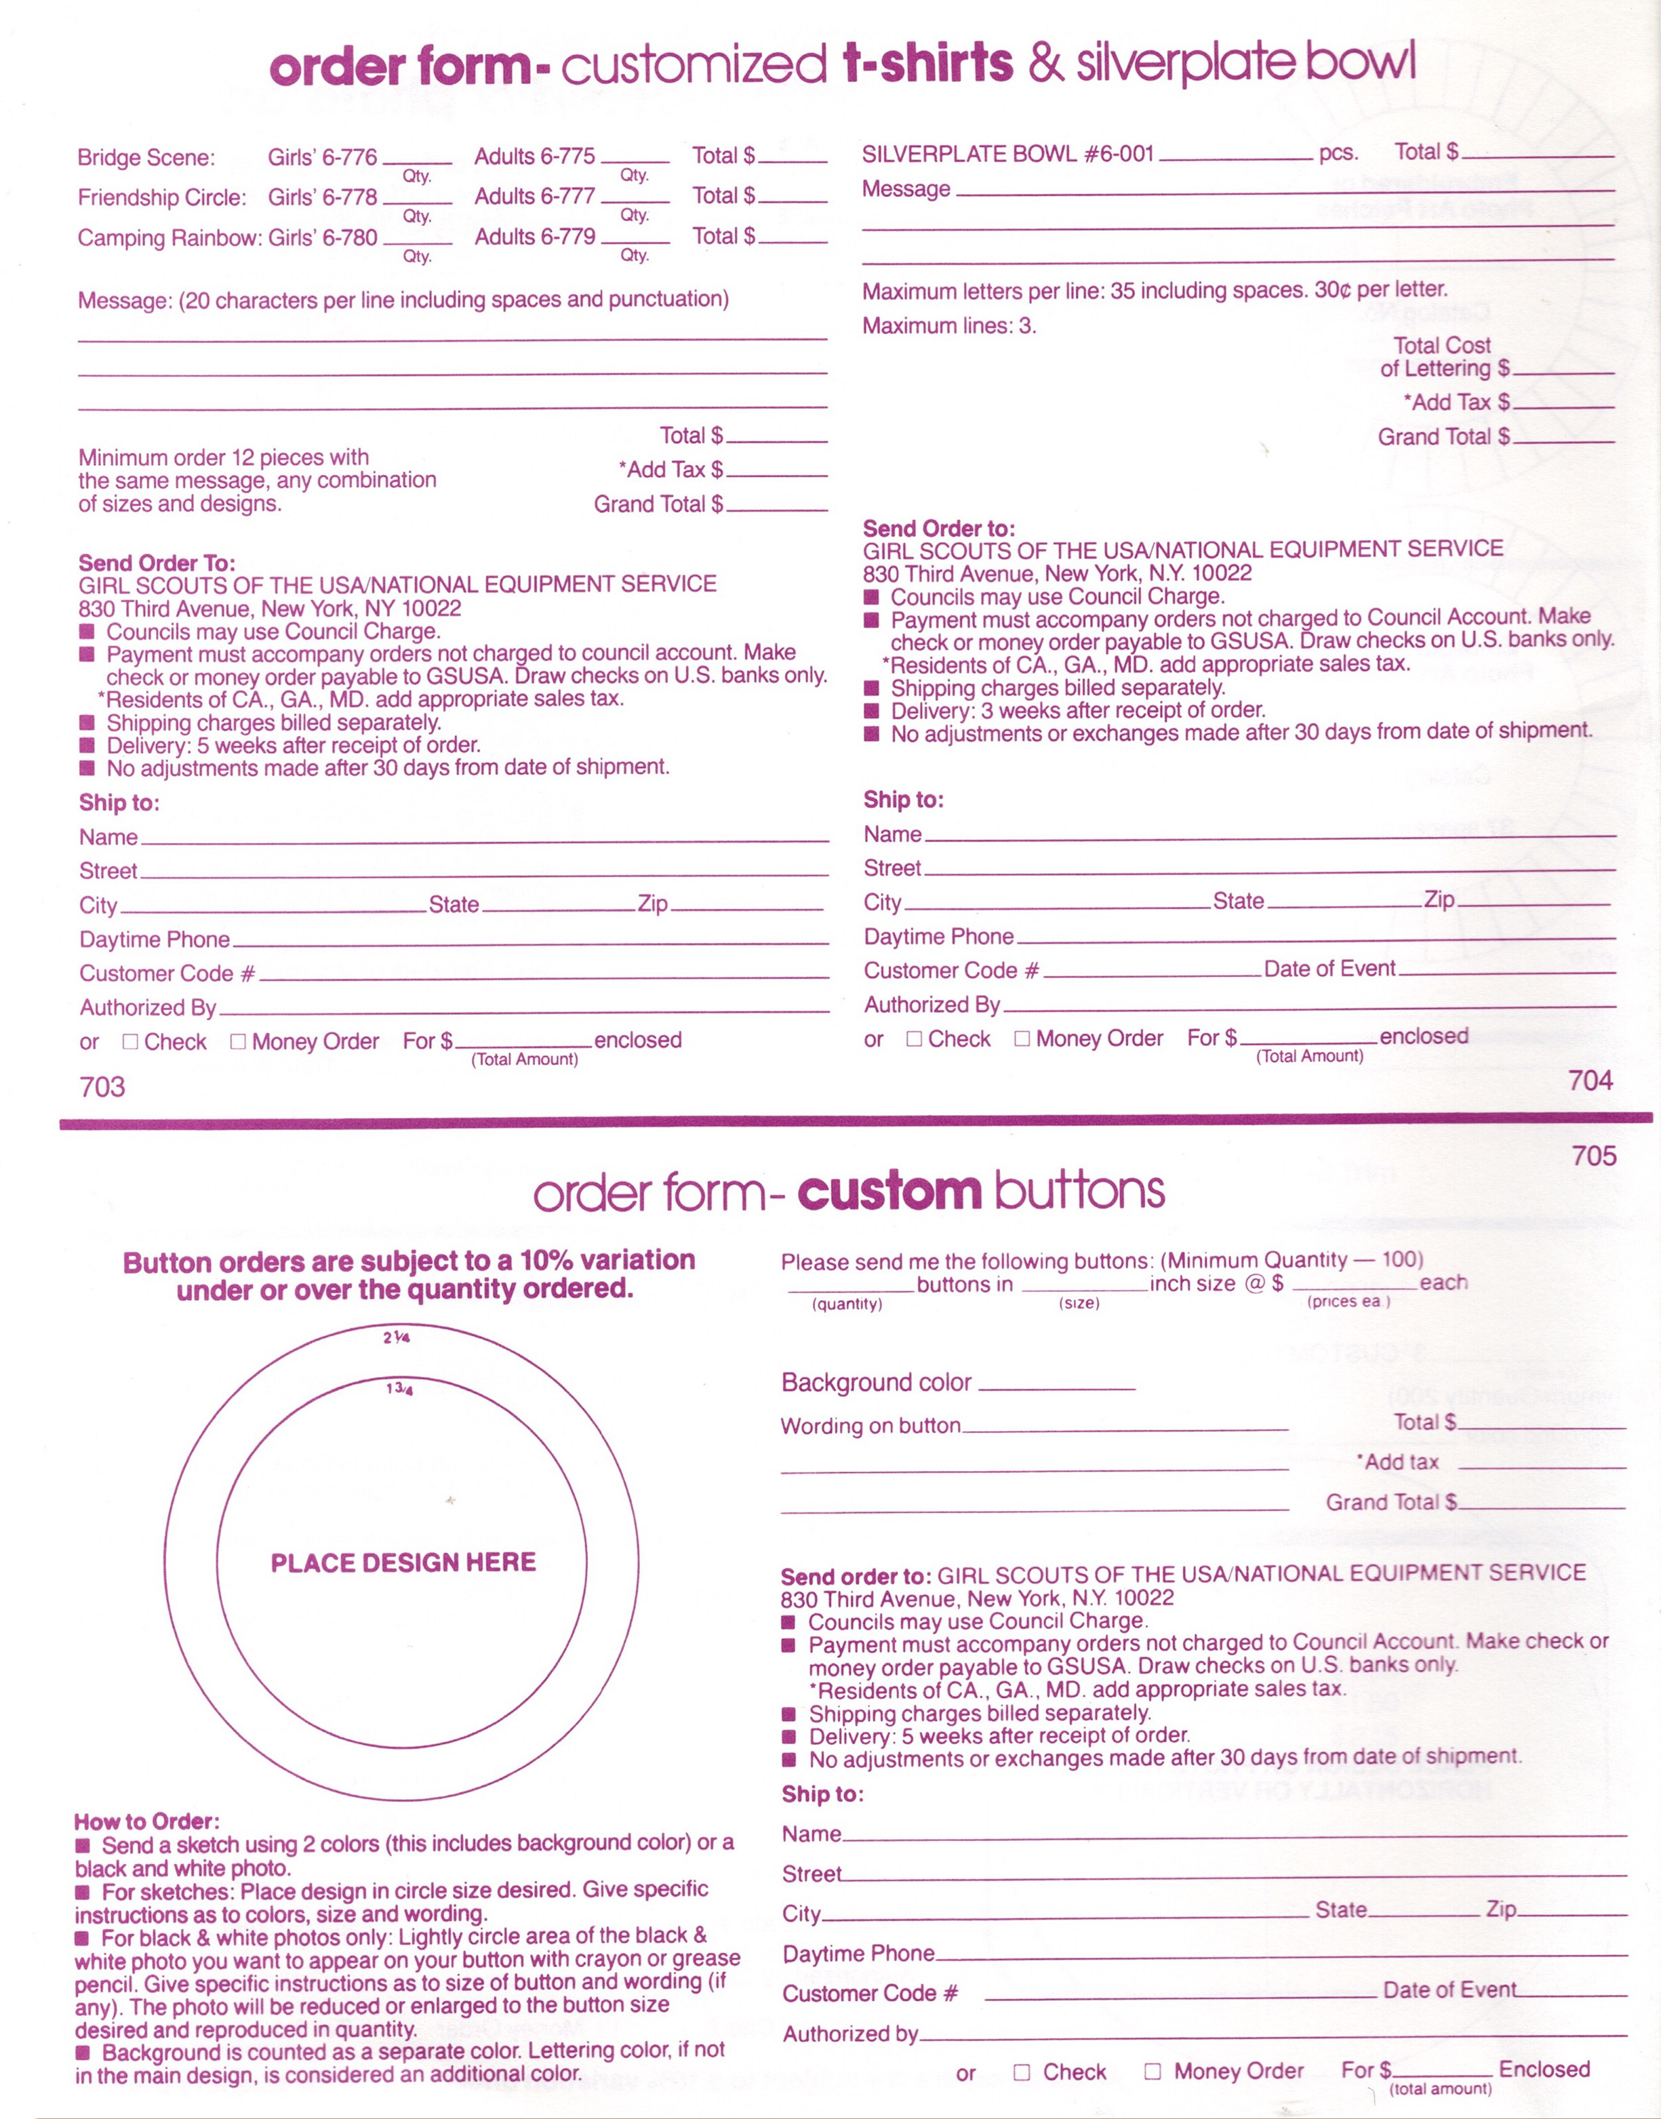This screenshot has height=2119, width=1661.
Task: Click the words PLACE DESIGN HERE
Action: click(403, 1562)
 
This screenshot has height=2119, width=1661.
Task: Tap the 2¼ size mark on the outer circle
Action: click(397, 1338)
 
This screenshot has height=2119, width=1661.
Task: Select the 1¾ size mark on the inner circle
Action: click(399, 1389)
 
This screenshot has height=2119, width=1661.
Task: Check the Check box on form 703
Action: click(130, 1041)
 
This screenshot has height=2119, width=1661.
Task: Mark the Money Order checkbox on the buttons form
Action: click(1153, 2072)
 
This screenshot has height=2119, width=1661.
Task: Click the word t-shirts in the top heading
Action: click(927, 63)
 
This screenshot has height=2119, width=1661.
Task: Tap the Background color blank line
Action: click(1057, 1388)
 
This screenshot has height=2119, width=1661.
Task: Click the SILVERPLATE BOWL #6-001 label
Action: click(1007, 154)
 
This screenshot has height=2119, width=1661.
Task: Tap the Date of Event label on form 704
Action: click(1329, 969)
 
